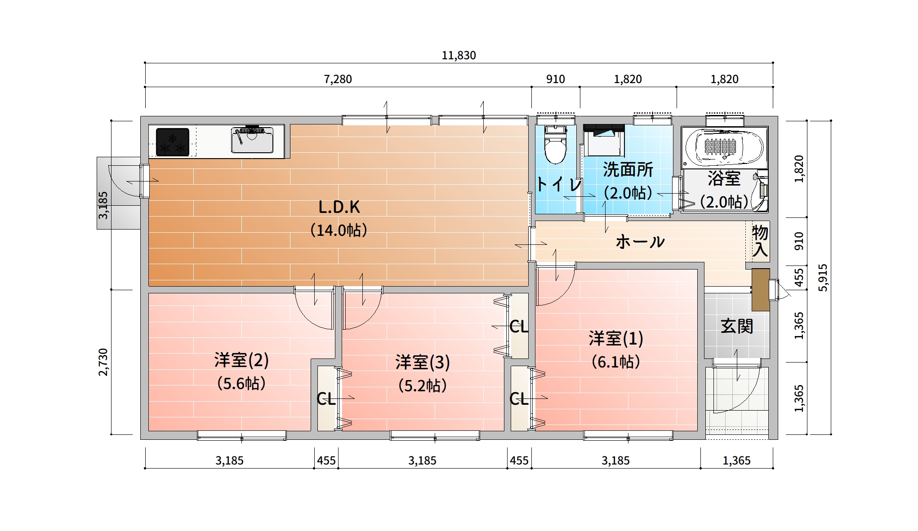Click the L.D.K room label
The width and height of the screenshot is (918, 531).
coord(339,207)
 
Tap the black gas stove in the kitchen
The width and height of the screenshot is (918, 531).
coord(172,142)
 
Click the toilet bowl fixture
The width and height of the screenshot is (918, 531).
coord(556,144)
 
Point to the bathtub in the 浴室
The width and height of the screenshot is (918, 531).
coord(724,146)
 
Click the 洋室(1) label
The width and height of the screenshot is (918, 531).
coord(616,338)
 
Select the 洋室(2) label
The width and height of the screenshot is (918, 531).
coord(241,360)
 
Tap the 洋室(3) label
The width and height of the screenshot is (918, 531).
coord(423,362)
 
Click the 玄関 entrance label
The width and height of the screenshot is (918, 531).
coord(737,326)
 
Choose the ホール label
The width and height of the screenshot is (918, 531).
coord(640,242)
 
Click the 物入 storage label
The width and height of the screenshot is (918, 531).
coord(760,241)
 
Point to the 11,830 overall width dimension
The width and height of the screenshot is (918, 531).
coord(459,55)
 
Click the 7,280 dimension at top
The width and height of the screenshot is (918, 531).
coord(338,79)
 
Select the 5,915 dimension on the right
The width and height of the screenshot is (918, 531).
coord(822,278)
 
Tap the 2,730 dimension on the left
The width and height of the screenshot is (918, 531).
coord(103,362)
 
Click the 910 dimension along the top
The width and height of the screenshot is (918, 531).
coord(555,79)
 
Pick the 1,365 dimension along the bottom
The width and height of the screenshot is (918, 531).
coord(736,460)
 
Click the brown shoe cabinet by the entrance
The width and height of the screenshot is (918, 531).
coord(761,290)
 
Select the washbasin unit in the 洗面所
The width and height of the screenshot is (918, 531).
coord(604,140)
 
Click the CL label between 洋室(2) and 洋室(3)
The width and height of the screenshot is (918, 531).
coord(326,398)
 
